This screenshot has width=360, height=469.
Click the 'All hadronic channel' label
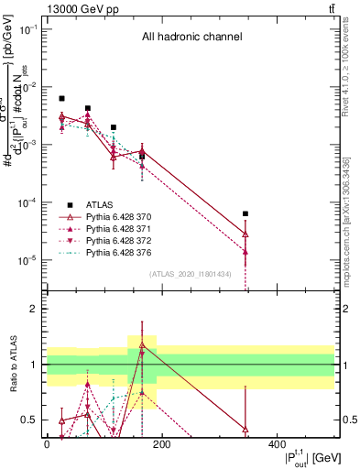point(191,38)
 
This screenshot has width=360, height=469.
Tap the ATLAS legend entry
point(100,204)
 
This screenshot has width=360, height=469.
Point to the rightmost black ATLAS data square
point(245,213)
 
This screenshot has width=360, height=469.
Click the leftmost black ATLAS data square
point(61,98)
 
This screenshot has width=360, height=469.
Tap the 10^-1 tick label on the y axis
point(30,29)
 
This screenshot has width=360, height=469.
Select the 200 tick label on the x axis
point(161,444)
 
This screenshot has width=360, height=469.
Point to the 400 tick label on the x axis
point(277,444)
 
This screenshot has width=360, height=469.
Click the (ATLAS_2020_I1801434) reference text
point(191,275)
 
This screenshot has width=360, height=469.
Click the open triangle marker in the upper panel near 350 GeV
point(245,234)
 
